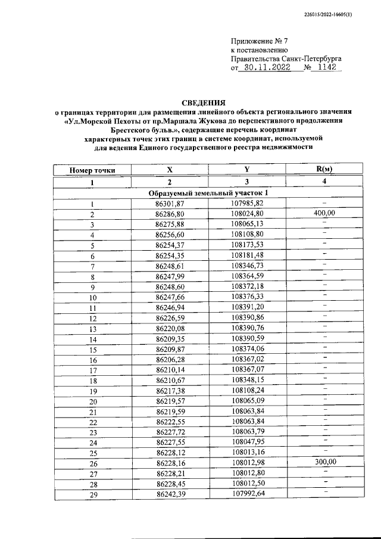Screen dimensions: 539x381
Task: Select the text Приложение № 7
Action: (x=259, y=42)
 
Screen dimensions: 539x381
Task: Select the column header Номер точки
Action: (x=92, y=170)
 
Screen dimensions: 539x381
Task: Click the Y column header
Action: (x=246, y=170)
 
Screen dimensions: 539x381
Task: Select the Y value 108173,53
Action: (x=247, y=245)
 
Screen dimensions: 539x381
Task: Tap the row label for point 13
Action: (x=92, y=328)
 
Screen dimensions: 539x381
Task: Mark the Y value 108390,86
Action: (x=247, y=317)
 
